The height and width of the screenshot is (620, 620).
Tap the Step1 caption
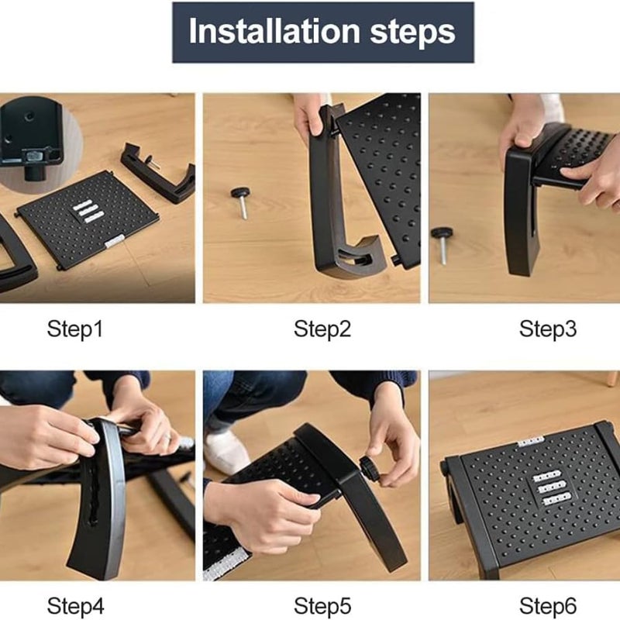(x=74, y=329)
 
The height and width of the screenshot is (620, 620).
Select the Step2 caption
(x=322, y=329)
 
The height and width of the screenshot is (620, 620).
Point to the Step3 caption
(x=548, y=329)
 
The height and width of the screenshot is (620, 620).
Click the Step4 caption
(x=74, y=604)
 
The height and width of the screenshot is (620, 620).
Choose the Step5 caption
(x=322, y=604)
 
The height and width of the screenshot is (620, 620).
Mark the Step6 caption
(x=548, y=604)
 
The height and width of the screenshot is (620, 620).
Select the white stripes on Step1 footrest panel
(x=87, y=211)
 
